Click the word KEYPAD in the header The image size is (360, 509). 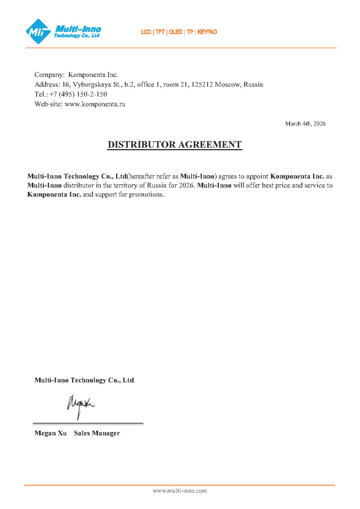pyautogui.click(x=207, y=32)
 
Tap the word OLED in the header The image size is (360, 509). pyautogui.click(x=176, y=32)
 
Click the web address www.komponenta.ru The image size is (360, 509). pyautogui.click(x=95, y=104)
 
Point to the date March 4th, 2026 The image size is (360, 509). pyautogui.click(x=305, y=123)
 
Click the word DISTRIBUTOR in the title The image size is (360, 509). pyautogui.click(x=141, y=145)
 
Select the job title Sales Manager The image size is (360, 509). pyautogui.click(x=97, y=433)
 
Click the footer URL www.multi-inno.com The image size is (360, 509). pyautogui.click(x=180, y=491)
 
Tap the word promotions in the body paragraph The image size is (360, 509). pyautogui.click(x=147, y=195)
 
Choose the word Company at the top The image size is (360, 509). pyautogui.click(x=49, y=74)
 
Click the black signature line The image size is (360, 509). pyautogui.click(x=88, y=423)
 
